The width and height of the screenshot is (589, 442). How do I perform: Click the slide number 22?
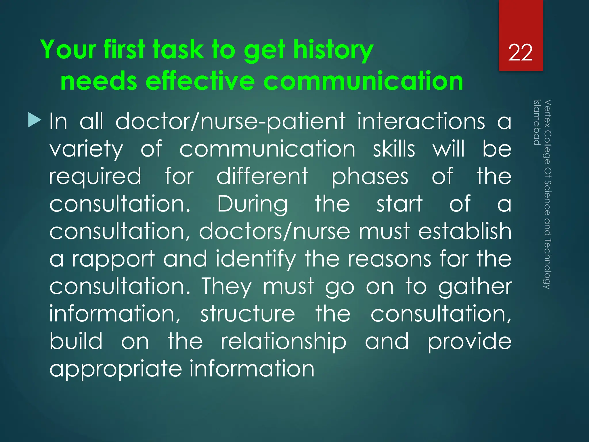(x=520, y=53)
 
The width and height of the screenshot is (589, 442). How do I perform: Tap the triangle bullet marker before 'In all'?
(x=35, y=120)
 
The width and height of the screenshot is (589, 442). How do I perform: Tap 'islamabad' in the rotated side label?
(x=537, y=122)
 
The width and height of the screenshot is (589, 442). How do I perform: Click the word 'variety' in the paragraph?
(x=86, y=150)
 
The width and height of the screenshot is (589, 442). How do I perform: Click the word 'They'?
(x=226, y=287)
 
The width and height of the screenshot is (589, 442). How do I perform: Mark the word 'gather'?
(x=475, y=287)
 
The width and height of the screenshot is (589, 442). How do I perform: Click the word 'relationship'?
(x=283, y=342)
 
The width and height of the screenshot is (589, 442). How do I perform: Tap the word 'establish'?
(x=464, y=231)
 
